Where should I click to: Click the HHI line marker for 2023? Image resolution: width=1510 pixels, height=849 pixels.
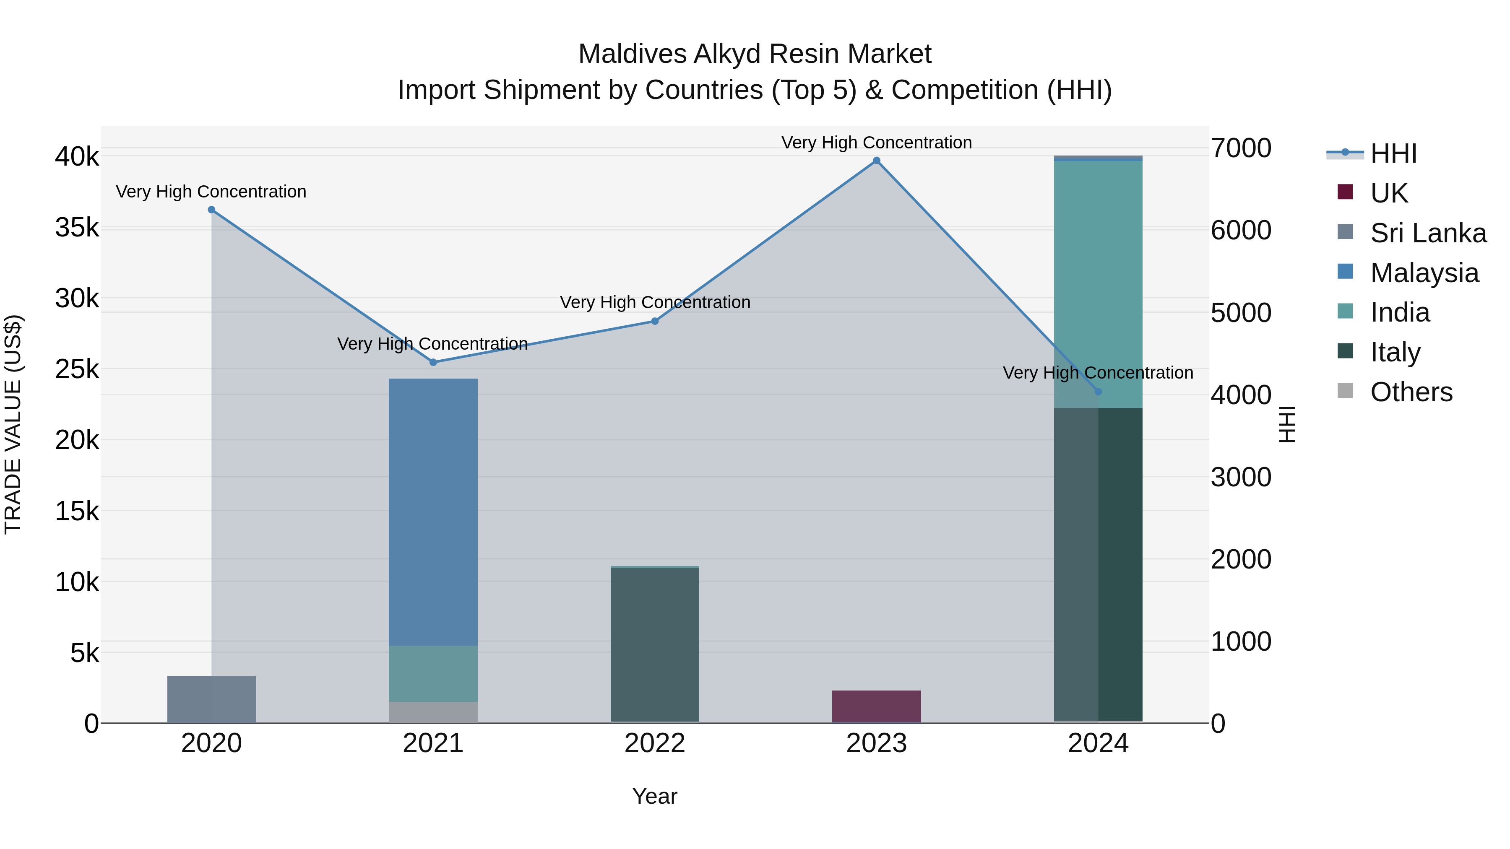876,161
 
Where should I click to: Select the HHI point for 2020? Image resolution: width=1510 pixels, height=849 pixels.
212,210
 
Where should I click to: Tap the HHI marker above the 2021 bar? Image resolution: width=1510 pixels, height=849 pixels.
433,362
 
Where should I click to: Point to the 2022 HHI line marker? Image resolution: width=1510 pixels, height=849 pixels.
655,321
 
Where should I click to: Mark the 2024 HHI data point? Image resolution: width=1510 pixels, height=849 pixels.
1098,392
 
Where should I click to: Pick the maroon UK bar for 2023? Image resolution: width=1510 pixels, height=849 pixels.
876,706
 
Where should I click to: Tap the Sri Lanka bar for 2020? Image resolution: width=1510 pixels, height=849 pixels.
212,700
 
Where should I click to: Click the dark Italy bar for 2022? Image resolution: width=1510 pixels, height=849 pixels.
655,644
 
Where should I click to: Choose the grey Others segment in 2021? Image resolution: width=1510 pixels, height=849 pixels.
433,712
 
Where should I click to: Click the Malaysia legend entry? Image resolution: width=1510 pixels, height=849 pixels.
1424,273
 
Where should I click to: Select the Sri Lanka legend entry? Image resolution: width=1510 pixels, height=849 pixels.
1428,233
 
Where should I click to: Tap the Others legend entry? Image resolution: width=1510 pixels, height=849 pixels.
1411,392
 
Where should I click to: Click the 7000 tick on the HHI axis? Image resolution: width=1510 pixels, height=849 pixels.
1241,148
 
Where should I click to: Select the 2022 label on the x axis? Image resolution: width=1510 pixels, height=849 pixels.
655,743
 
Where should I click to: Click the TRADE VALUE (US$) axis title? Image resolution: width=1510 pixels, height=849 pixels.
13,425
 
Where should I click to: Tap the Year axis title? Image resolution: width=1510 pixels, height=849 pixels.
655,796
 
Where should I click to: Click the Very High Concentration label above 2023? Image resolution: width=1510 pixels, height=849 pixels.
876,143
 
